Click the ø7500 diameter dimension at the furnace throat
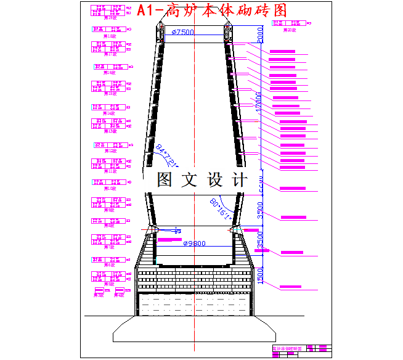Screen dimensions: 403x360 click(183, 32)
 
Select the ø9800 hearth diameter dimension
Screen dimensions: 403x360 click(195, 243)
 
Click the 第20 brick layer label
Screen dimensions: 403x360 click(290, 30)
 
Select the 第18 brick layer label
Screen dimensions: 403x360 click(110, 36)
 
